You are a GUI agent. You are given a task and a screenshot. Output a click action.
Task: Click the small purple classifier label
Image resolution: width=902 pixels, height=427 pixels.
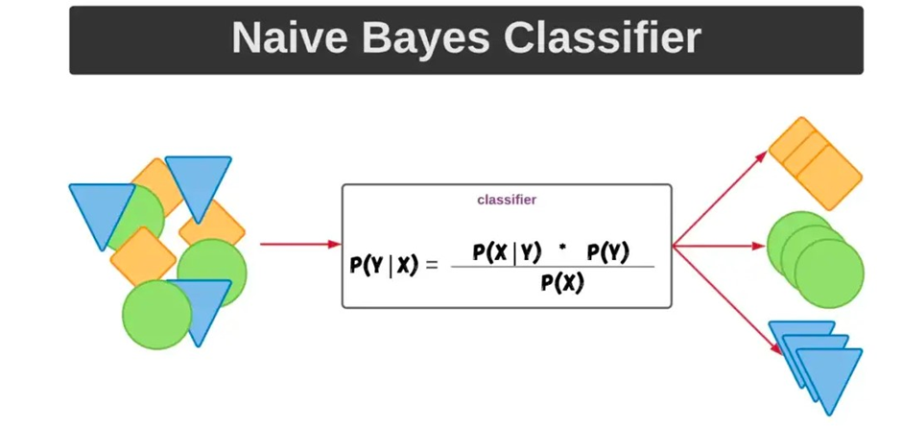point(507,201)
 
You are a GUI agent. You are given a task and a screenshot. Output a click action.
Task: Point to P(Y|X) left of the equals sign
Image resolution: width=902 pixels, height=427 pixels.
point(384,265)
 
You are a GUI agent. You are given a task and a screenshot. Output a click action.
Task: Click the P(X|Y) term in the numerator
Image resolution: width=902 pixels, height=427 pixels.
point(507,253)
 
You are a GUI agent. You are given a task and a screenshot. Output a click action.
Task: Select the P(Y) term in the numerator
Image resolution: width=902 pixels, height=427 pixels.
point(608,253)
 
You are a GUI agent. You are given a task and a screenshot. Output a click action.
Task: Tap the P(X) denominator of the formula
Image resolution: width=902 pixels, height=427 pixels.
point(562,282)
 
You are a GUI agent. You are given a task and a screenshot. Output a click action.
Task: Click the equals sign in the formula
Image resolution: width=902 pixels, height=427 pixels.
point(432,265)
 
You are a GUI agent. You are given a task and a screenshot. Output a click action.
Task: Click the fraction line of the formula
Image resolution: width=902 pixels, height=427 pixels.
point(553,267)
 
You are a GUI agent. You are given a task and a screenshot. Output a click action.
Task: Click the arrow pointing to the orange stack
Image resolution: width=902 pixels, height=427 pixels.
point(720,199)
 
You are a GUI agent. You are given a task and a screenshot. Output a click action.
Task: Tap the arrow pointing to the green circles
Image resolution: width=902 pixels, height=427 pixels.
point(719,247)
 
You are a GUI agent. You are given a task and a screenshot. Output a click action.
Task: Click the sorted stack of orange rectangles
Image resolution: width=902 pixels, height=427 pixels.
point(815,163)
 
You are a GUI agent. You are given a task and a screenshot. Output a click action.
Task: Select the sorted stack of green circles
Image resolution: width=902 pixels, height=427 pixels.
point(816,260)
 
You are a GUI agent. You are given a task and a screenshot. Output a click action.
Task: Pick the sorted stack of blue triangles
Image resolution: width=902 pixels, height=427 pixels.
point(816,368)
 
